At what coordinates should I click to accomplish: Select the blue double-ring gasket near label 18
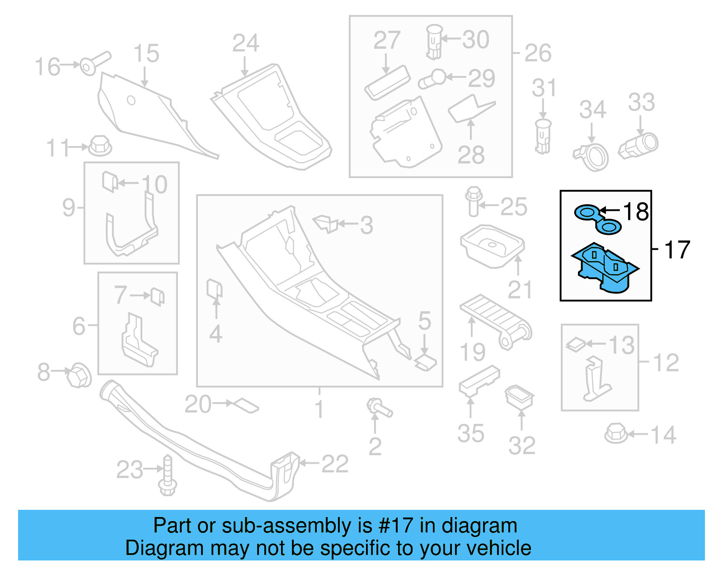pyautogui.click(x=597, y=219)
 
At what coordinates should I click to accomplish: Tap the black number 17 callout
pyautogui.click(x=677, y=250)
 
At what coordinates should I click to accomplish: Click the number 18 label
pyautogui.click(x=636, y=212)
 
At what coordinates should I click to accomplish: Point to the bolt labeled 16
pyautogui.click(x=94, y=63)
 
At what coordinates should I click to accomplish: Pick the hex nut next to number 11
pyautogui.click(x=100, y=146)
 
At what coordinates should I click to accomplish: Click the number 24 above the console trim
pyautogui.click(x=245, y=43)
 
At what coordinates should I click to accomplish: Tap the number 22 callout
pyautogui.click(x=334, y=464)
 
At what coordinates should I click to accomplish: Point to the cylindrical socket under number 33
pyautogui.click(x=639, y=146)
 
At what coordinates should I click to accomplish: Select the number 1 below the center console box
pyautogui.click(x=319, y=409)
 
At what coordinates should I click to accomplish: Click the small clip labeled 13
pyautogui.click(x=576, y=345)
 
